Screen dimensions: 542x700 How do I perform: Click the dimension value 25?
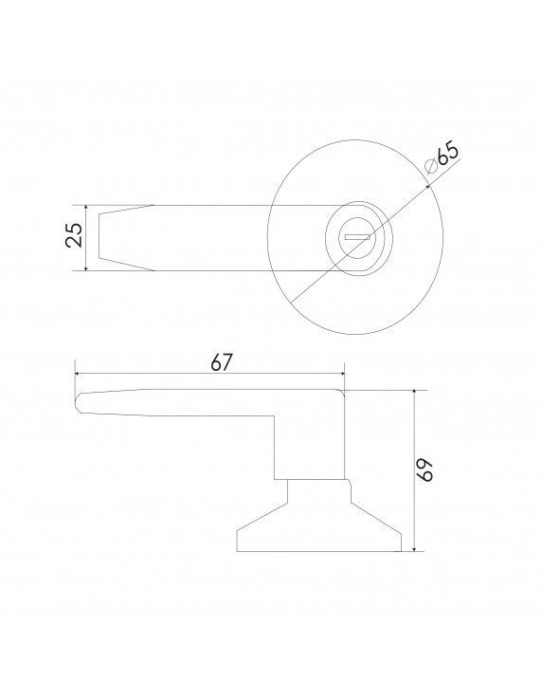[74, 235]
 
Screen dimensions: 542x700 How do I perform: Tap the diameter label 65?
[447, 153]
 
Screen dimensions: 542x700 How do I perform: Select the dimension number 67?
[222, 363]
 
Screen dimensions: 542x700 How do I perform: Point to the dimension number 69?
[426, 470]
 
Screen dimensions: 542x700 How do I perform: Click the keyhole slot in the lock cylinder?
[357, 238]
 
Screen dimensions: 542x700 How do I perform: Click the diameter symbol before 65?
[431, 167]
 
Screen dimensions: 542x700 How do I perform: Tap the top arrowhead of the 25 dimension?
[86, 209]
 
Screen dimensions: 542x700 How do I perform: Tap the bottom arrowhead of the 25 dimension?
[86, 267]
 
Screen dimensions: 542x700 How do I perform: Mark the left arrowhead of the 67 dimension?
[79, 373]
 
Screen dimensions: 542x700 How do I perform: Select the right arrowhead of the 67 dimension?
[341, 373]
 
